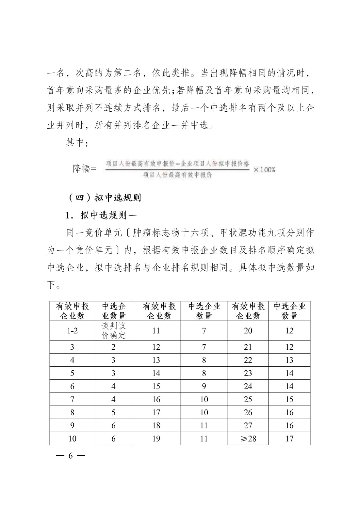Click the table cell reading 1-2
click(72, 331)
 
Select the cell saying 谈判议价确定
click(113, 331)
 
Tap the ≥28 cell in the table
click(248, 438)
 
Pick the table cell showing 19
click(156, 438)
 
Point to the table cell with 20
click(248, 331)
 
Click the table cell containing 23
click(248, 373)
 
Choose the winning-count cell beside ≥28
click(289, 438)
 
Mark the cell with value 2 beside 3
click(113, 347)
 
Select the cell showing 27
click(248, 425)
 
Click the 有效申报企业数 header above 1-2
click(72, 311)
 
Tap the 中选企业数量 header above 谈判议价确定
click(113, 311)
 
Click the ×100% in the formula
click(264, 169)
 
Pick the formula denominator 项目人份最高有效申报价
click(177, 175)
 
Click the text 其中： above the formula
click(77, 143)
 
